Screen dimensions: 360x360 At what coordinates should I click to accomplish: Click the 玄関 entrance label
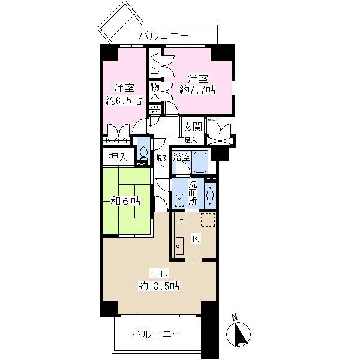[192, 127]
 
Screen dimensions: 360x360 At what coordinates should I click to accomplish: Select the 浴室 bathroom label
[182, 157]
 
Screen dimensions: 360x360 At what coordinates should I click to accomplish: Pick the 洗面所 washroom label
[193, 194]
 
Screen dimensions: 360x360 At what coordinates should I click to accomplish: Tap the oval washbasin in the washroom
[209, 194]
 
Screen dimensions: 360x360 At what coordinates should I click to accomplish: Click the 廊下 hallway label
[161, 163]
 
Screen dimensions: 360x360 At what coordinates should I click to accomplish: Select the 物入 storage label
[154, 91]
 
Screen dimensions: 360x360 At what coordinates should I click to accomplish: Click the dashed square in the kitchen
[208, 220]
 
